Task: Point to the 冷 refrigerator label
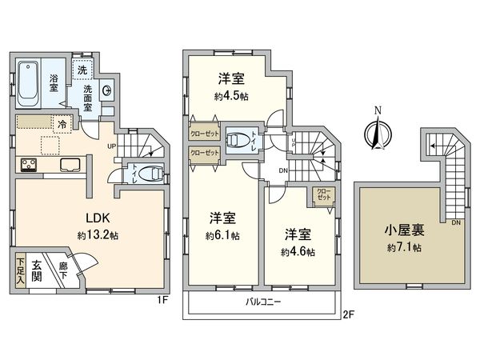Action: [x=62, y=124]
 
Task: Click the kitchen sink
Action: [x=68, y=166]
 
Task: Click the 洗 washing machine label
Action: [x=82, y=69]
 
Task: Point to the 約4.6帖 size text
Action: [x=298, y=252]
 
